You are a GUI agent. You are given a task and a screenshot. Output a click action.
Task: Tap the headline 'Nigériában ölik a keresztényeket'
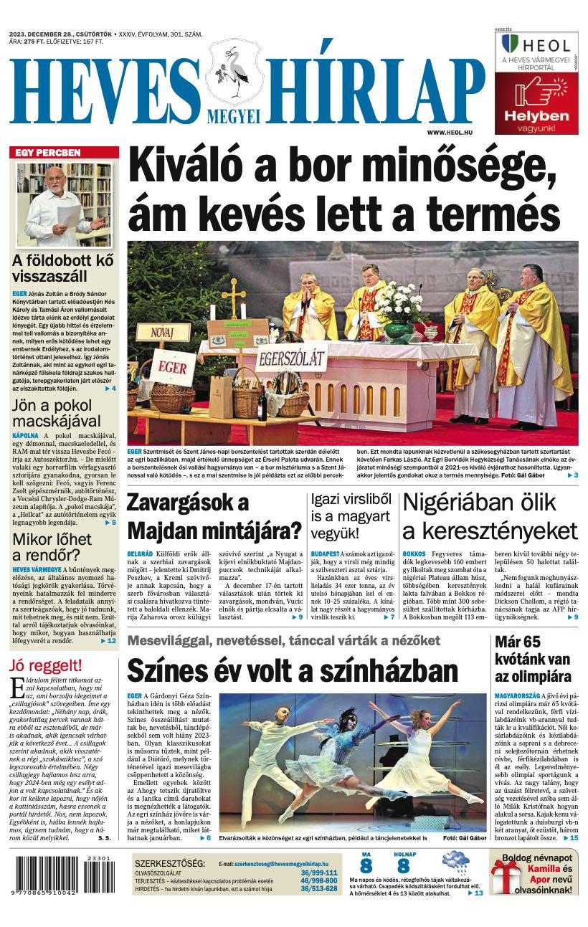coord(490,517)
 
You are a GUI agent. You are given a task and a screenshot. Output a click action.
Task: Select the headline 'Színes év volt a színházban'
coord(293,671)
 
